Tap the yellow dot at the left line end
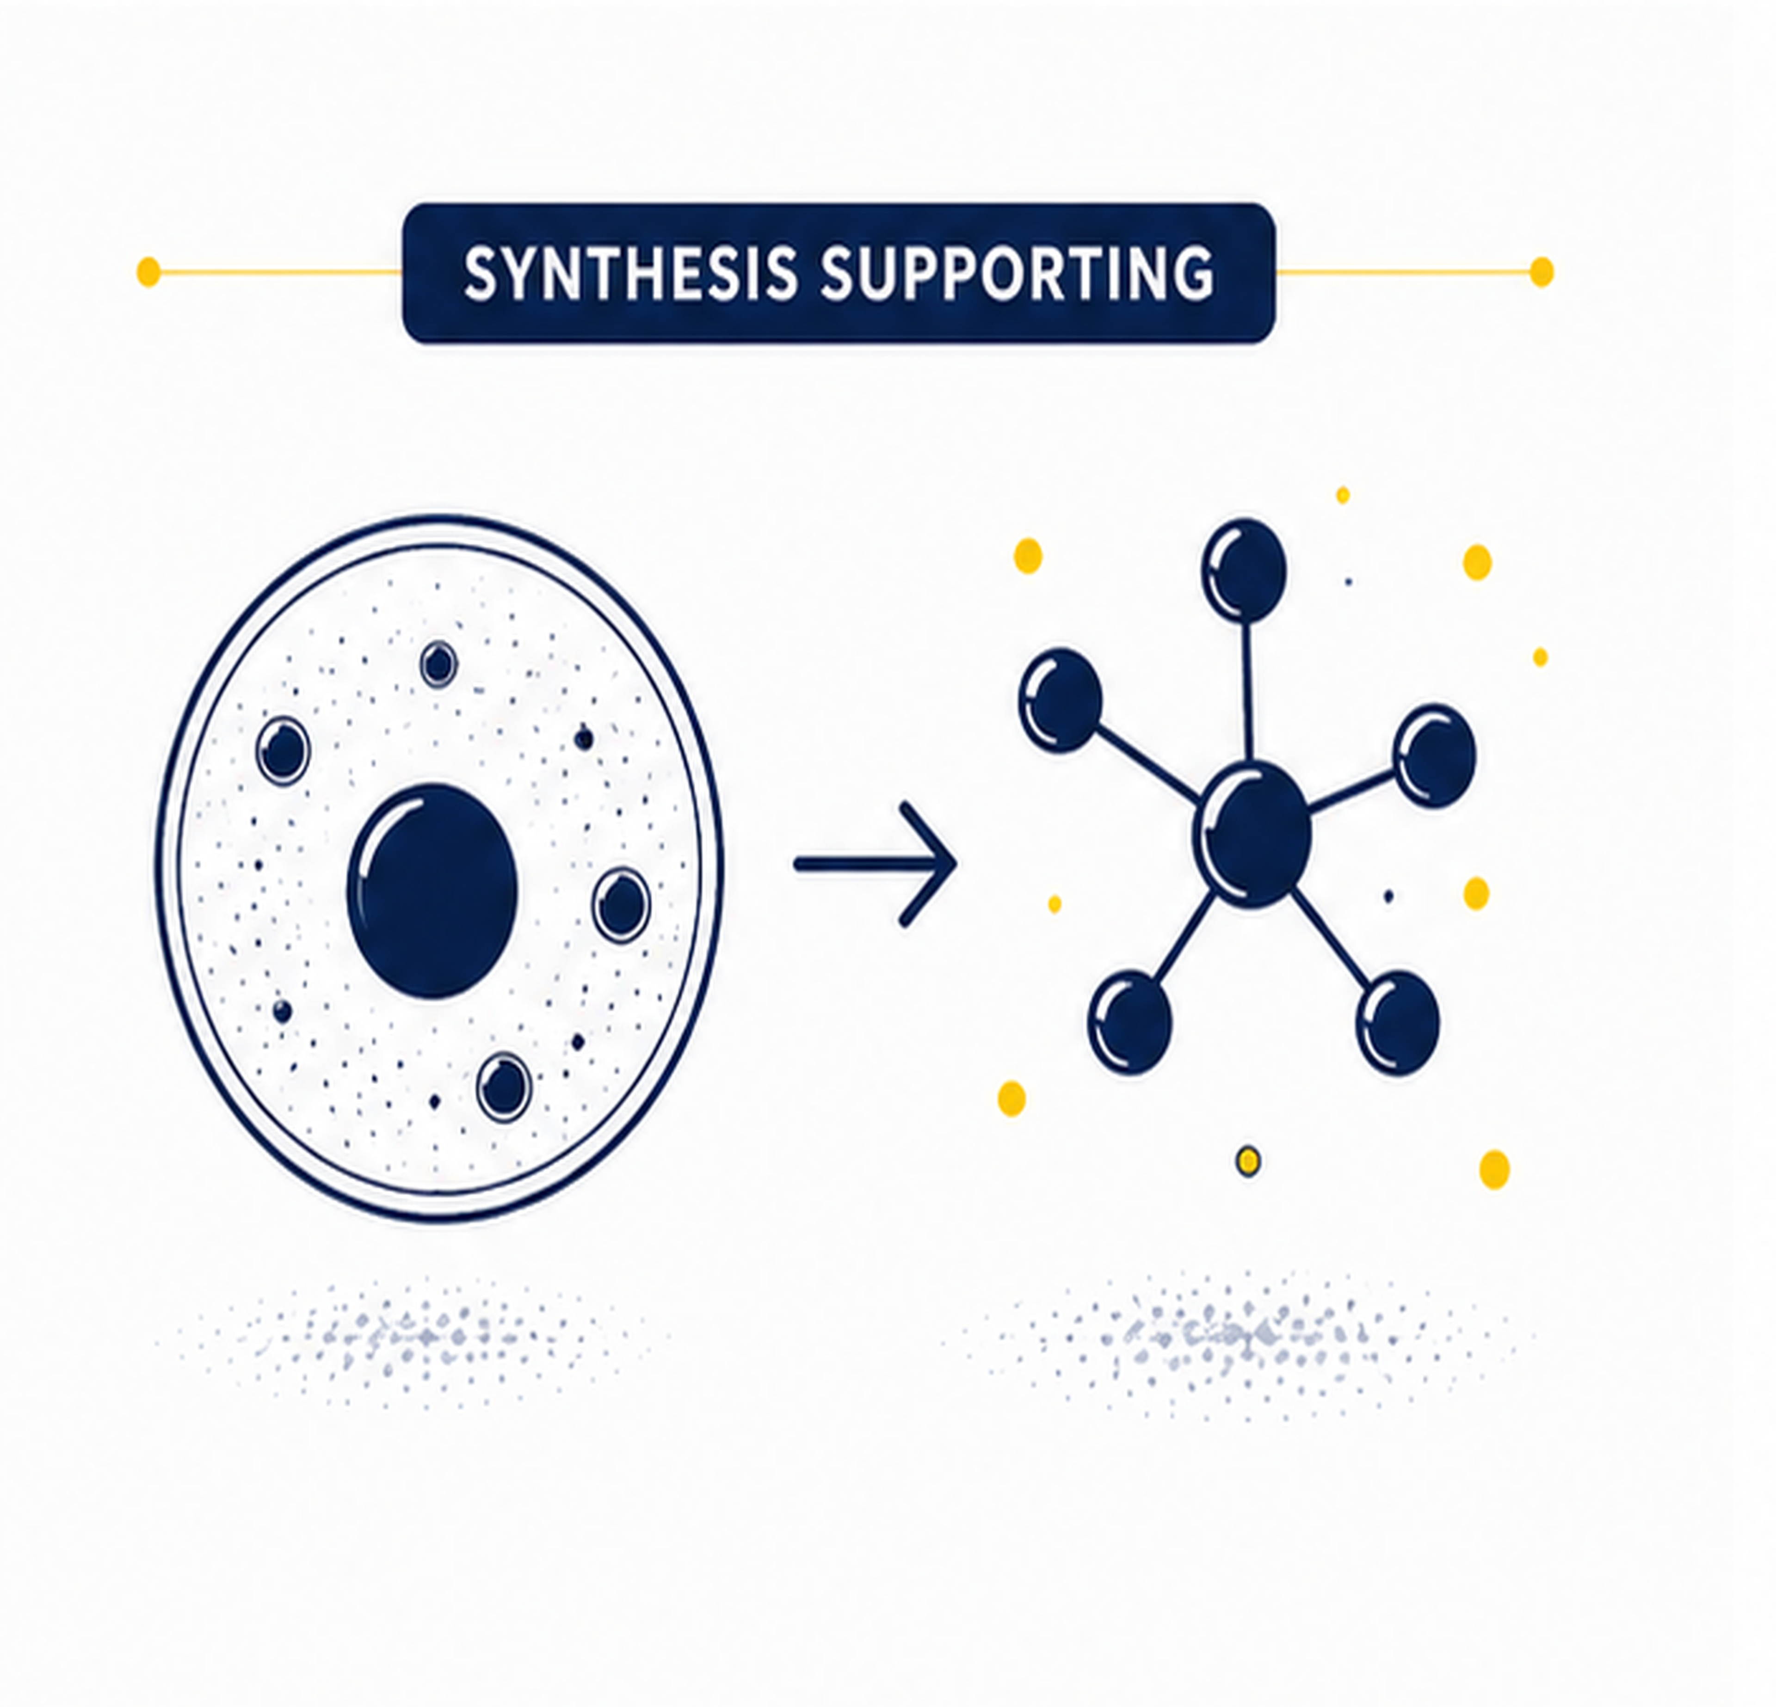coord(148,272)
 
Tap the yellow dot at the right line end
coord(1542,272)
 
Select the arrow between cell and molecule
coord(876,864)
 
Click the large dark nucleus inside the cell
coord(433,890)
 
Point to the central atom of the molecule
coord(1252,834)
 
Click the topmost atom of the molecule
coord(1244,570)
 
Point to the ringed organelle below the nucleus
coord(504,1087)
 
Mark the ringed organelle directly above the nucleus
coord(438,664)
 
